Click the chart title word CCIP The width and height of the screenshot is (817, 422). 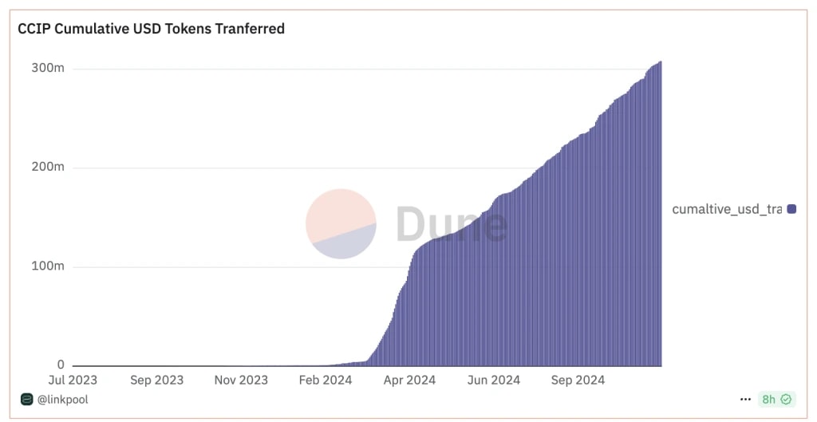pyautogui.click(x=33, y=29)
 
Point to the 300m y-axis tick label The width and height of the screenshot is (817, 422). pyautogui.click(x=48, y=69)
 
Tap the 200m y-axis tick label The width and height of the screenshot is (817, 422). pyautogui.click(x=48, y=168)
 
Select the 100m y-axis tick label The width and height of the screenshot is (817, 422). pyautogui.click(x=48, y=266)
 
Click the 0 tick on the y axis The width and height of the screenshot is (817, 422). pyautogui.click(x=60, y=365)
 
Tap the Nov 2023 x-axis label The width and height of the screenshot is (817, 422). pyautogui.click(x=241, y=381)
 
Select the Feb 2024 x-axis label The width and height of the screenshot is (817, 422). pyautogui.click(x=326, y=381)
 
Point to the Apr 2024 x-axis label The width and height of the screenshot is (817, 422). pyautogui.click(x=409, y=381)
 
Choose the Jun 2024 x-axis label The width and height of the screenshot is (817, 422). pyautogui.click(x=494, y=381)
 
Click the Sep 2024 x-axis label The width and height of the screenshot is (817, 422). pyautogui.click(x=578, y=381)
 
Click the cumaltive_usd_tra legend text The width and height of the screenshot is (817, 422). pyautogui.click(x=727, y=209)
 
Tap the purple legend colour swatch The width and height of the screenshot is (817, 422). pyautogui.click(x=792, y=209)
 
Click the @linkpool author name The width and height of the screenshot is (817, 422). pyautogui.click(x=62, y=400)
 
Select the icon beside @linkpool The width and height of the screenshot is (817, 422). pyautogui.click(x=27, y=400)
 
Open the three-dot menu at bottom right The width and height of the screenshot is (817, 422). pyautogui.click(x=745, y=399)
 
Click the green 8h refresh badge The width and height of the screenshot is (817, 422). pyautogui.click(x=776, y=399)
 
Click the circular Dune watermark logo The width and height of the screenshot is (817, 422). pyautogui.click(x=341, y=223)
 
